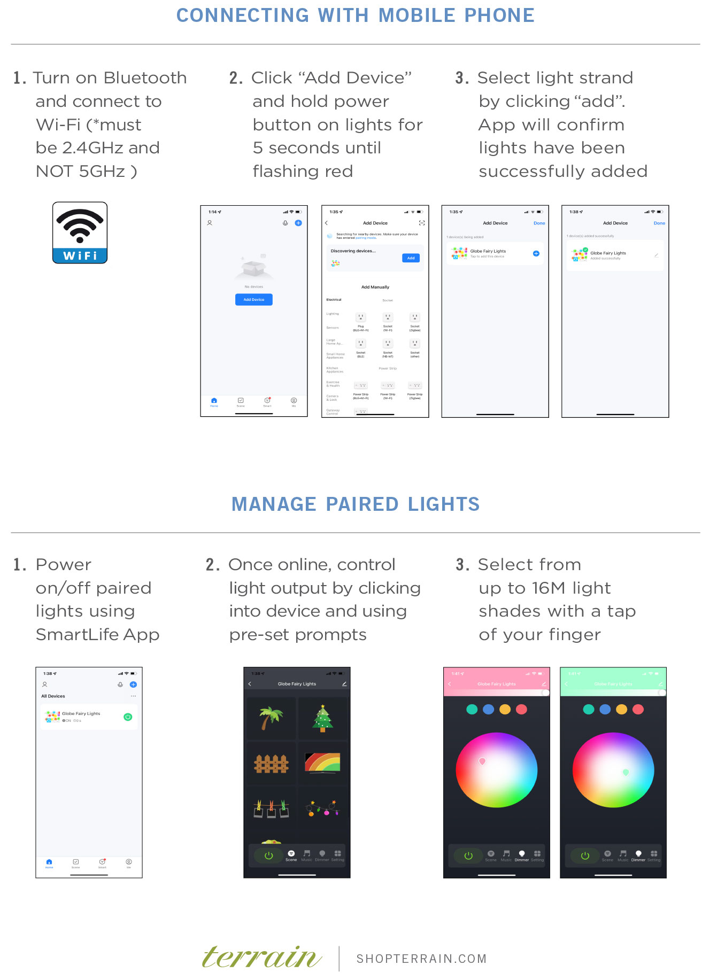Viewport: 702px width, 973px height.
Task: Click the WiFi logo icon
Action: (x=80, y=232)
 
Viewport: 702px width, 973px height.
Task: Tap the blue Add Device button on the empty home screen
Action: (x=254, y=300)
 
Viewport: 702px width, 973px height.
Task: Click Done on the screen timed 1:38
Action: (x=659, y=223)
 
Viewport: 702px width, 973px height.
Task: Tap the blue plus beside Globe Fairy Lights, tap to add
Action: (x=536, y=253)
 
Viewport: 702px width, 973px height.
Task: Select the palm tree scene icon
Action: (x=271, y=718)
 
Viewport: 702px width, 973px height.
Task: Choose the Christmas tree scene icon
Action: (x=323, y=718)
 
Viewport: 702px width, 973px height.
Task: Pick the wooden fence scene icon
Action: (x=271, y=764)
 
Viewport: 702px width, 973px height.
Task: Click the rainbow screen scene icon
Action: (x=322, y=762)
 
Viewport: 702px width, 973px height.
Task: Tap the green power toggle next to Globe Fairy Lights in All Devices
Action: (x=128, y=717)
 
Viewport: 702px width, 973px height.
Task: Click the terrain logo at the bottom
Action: (x=262, y=958)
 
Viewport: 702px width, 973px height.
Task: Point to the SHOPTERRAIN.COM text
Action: (x=421, y=959)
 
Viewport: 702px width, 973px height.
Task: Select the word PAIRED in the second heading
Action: (x=362, y=504)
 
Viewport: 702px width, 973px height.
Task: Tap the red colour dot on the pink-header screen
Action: (x=521, y=710)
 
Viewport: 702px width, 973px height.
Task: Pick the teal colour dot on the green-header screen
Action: (x=588, y=710)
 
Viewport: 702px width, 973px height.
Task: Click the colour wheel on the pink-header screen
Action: (x=496, y=769)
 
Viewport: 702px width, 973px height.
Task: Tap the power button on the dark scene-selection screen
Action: (x=268, y=855)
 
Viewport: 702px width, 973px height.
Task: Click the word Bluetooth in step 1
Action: (x=145, y=78)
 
